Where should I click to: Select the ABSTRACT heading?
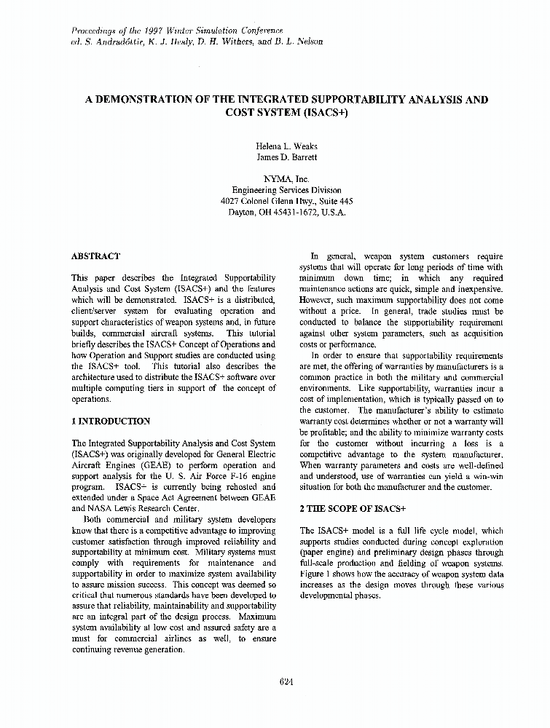(95, 256)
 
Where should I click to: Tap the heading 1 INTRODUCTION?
(111, 422)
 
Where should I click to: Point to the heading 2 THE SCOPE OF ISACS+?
(353, 509)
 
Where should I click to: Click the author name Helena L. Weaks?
(276, 146)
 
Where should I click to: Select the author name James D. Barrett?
(276, 157)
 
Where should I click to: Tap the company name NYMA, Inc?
(276, 178)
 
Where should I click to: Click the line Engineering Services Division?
(276, 190)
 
